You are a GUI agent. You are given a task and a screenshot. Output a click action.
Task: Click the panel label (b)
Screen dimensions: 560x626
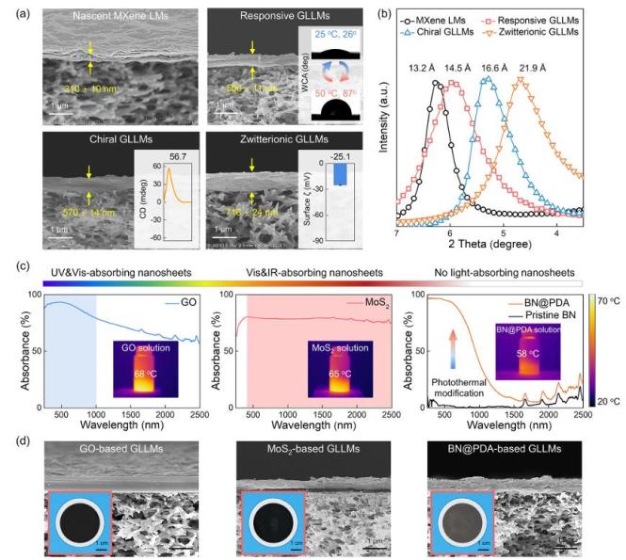click(x=385, y=12)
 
